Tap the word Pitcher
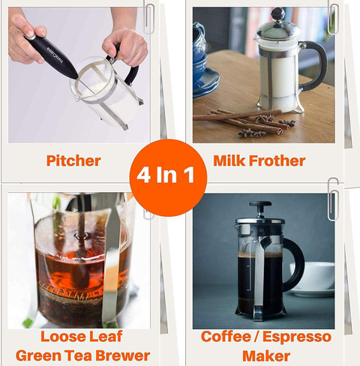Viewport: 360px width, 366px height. pyautogui.click(x=73, y=160)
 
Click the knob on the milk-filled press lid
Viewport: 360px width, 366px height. pyautogui.click(x=278, y=13)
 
